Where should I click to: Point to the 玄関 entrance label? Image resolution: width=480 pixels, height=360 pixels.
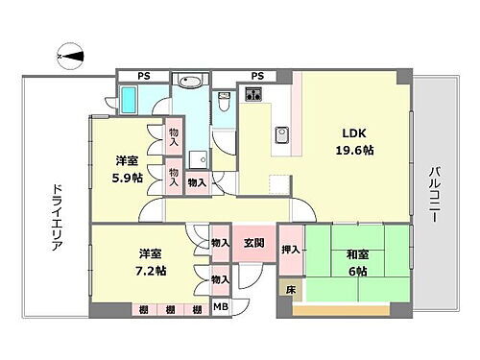(x=253, y=243)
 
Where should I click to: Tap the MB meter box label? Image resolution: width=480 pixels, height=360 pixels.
(x=221, y=308)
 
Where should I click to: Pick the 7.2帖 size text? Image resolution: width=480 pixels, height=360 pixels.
(x=150, y=271)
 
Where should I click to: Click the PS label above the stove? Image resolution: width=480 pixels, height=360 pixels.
(x=257, y=76)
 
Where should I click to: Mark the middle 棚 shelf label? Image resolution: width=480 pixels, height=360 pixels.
(x=170, y=309)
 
